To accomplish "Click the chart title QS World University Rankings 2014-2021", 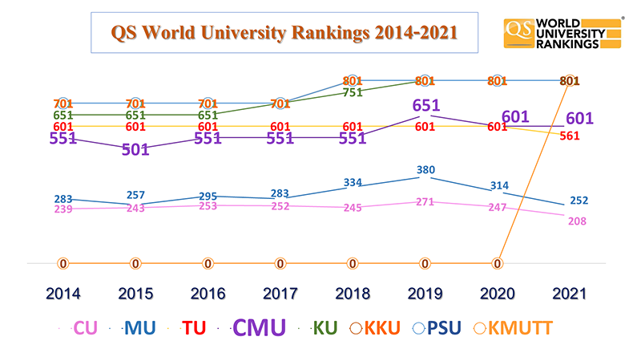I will click(x=284, y=32).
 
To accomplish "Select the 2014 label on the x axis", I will click(x=62, y=294).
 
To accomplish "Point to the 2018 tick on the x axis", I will click(x=353, y=294).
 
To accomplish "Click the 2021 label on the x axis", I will click(x=569, y=294).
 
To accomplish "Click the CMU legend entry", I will click(x=258, y=328).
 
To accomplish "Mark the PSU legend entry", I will click(x=438, y=328).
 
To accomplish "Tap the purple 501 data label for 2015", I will click(x=135, y=150).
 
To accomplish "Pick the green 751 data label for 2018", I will click(x=353, y=91).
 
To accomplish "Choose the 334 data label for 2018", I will click(x=353, y=182).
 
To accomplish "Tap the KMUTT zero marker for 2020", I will click(x=498, y=262).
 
